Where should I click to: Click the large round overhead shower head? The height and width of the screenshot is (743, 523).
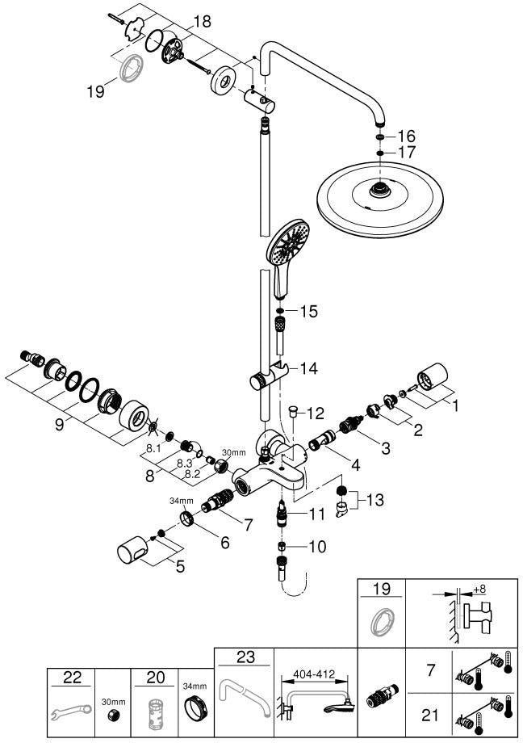(x=379, y=199)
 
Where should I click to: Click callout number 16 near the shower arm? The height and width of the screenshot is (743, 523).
(x=406, y=136)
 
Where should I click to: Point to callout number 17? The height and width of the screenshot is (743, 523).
(x=406, y=153)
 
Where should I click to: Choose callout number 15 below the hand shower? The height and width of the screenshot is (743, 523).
(x=308, y=311)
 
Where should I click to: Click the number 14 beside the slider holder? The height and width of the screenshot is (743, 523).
(x=308, y=368)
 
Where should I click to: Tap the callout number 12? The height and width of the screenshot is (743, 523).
(x=315, y=413)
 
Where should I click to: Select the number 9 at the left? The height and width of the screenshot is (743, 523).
(x=59, y=424)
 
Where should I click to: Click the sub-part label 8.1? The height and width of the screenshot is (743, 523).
(x=153, y=448)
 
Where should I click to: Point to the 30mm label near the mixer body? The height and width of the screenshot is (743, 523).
(x=234, y=452)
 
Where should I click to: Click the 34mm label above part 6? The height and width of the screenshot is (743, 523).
(x=182, y=501)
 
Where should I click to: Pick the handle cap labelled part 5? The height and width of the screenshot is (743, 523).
(x=132, y=550)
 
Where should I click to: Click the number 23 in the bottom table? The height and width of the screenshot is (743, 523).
(x=245, y=657)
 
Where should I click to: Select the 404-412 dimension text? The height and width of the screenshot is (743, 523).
(x=314, y=674)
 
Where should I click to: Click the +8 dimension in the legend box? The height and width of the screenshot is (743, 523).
(x=479, y=589)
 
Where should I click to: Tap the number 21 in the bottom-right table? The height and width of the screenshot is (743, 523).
(x=429, y=715)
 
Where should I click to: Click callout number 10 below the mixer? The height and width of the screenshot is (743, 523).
(x=317, y=547)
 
